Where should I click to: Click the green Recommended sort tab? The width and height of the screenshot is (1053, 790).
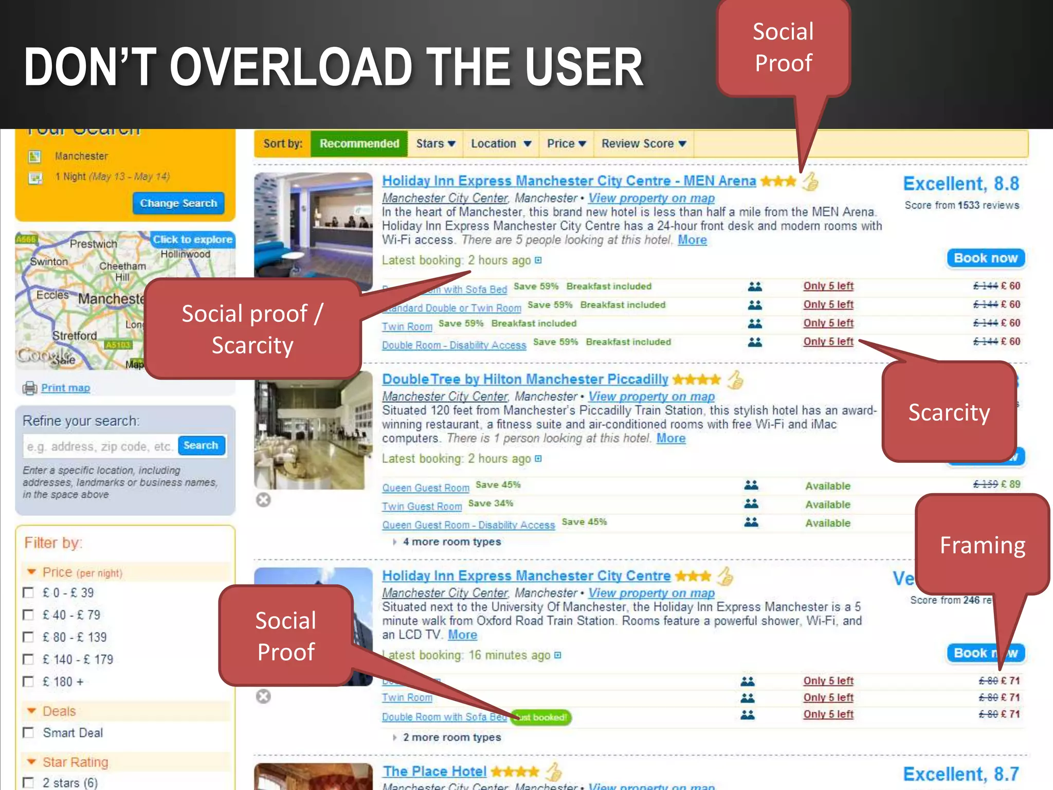tap(359, 143)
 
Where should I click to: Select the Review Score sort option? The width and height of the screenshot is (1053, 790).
tap(643, 143)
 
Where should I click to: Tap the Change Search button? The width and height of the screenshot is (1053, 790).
tap(178, 203)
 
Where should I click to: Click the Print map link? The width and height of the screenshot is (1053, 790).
tap(65, 388)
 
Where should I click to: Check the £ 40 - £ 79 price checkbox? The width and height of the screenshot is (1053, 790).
tap(29, 615)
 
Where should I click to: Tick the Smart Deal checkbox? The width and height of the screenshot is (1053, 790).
tap(29, 733)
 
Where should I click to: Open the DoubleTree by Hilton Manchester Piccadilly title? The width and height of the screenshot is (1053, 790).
tap(525, 380)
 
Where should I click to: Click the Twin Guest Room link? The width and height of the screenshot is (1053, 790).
tap(422, 507)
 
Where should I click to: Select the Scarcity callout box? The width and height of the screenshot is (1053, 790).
tap(949, 412)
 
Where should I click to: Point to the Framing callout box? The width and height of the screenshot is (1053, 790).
tap(982, 545)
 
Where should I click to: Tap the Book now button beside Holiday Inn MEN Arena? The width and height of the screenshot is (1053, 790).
tap(985, 258)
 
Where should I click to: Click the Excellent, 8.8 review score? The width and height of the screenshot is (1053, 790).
tap(960, 184)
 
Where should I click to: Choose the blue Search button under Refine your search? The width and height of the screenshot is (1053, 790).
tap(201, 445)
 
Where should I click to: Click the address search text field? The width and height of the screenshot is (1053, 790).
tap(100, 446)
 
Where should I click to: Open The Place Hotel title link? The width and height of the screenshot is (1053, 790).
tap(434, 771)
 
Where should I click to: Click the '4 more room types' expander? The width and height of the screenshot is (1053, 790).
tap(451, 542)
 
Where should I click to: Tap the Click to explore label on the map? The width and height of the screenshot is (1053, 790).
tap(192, 240)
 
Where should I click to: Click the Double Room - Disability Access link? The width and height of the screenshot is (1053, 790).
tap(454, 345)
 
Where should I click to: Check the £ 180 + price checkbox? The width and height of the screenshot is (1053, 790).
tap(29, 682)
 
